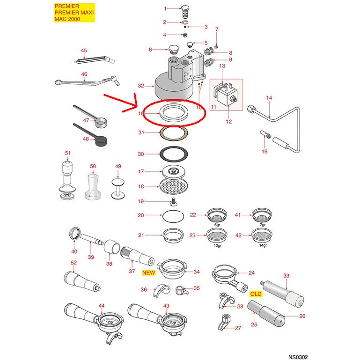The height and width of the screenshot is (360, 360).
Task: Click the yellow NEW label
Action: coord(148,272)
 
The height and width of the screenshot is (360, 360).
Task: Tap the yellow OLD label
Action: coord(256,294)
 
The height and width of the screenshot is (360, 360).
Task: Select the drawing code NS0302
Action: coord(298,357)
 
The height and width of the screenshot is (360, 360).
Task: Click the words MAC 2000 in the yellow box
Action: coord(67,19)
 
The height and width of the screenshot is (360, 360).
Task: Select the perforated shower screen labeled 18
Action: coord(174,186)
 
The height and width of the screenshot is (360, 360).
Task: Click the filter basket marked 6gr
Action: coord(217,215)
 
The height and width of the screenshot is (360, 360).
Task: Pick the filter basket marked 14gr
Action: coord(261,235)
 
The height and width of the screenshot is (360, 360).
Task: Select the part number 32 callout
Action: coord(141,86)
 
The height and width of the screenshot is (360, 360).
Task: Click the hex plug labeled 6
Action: coord(173,49)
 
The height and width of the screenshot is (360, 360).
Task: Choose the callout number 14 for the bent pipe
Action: coord(269,98)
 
